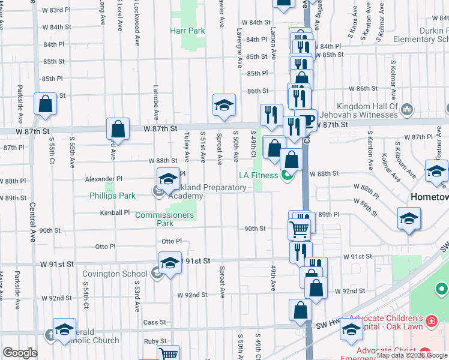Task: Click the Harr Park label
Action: click(187, 31)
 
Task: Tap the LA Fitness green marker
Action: click(287, 175)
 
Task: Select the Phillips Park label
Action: click(113, 196)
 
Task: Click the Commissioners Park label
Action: click(164, 219)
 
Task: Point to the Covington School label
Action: click(115, 274)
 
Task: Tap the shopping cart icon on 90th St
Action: click(299, 229)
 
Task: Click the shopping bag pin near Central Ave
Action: click(46, 104)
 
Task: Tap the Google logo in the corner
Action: click(20, 353)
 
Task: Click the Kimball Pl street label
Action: click(115, 213)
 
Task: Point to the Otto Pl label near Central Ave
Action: click(105, 247)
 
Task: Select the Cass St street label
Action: click(155, 322)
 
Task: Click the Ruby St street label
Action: click(155, 340)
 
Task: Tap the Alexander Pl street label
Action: click(103, 179)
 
